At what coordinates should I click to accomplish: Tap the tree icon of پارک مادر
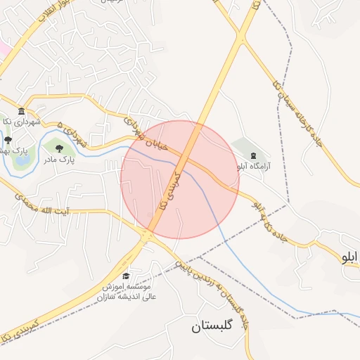(59, 148)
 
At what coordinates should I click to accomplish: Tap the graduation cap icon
(126, 276)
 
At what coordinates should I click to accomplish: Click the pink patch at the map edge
(4, 50)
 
